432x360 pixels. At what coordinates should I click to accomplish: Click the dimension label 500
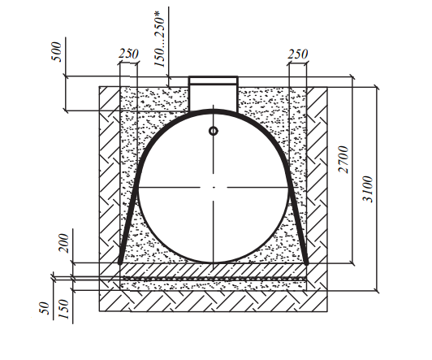click(x=56, y=52)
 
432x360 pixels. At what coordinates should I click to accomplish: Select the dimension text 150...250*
click(x=159, y=42)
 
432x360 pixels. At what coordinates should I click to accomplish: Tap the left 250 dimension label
click(x=128, y=54)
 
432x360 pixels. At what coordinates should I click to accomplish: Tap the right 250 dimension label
click(x=297, y=54)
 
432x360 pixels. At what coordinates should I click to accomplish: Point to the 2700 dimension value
click(x=343, y=159)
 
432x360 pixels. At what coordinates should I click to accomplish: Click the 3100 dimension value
click(x=368, y=189)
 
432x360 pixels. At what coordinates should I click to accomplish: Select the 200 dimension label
click(x=64, y=243)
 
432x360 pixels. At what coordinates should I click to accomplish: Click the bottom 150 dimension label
click(x=64, y=309)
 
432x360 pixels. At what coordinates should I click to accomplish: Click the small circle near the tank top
click(x=214, y=131)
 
